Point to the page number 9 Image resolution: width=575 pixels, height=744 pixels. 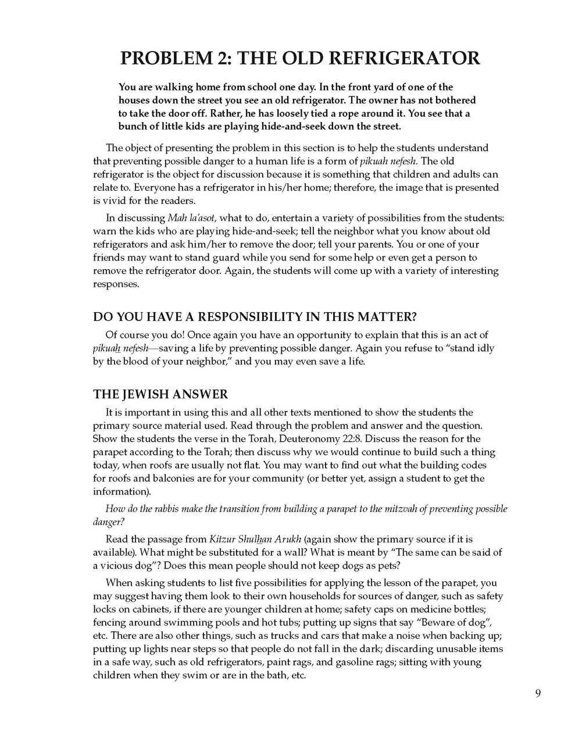(x=538, y=693)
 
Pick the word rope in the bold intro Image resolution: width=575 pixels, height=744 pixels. (x=338, y=113)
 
